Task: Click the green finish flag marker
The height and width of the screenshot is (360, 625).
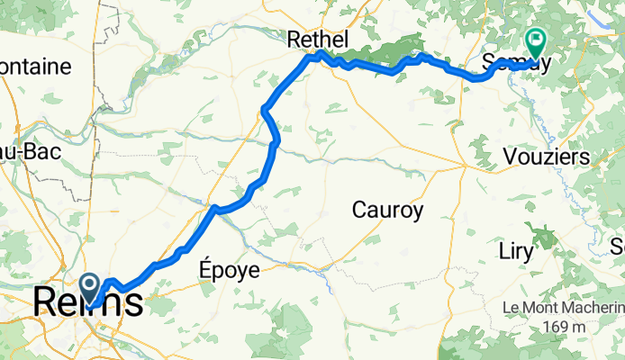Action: click(x=535, y=40)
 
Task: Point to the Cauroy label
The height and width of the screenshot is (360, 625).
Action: click(x=387, y=211)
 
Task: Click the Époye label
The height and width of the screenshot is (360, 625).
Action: click(x=229, y=270)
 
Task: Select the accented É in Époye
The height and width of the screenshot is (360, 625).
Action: click(x=204, y=269)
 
